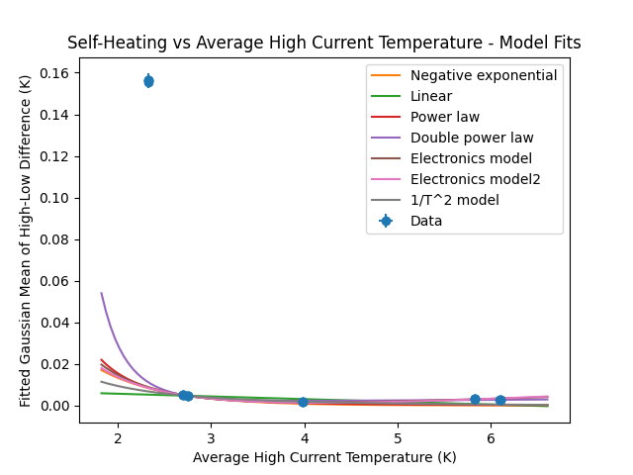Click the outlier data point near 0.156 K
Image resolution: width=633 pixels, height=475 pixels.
[x=148, y=81]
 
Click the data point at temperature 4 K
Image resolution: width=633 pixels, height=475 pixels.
[x=303, y=402]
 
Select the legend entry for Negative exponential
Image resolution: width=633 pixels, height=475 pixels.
[x=484, y=75]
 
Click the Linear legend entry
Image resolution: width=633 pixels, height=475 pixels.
[x=431, y=96]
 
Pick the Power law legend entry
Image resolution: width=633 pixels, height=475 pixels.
[x=445, y=117]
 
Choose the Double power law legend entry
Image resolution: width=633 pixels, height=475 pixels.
[x=470, y=138]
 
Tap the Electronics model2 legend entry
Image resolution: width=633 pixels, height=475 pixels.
[x=475, y=179]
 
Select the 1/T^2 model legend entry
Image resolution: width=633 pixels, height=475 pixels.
[x=454, y=200]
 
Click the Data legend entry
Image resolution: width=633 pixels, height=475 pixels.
[x=426, y=221]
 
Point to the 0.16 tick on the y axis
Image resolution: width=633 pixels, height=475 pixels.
[x=55, y=73]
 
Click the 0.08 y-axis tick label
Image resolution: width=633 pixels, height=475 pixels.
[x=55, y=239]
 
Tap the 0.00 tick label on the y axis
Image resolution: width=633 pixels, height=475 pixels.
[x=55, y=406]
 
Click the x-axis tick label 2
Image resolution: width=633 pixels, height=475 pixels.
[x=118, y=438]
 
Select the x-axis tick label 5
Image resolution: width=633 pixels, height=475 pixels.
[x=398, y=438]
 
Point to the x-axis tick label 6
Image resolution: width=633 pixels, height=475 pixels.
[x=491, y=438]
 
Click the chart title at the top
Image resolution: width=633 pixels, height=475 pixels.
[x=323, y=43]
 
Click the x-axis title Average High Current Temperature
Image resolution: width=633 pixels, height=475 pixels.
[x=323, y=457]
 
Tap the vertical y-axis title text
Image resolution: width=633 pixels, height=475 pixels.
[x=26, y=239]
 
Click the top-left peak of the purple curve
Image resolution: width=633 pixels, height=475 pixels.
[x=102, y=294]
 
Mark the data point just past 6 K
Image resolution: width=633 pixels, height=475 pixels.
[x=500, y=400]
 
